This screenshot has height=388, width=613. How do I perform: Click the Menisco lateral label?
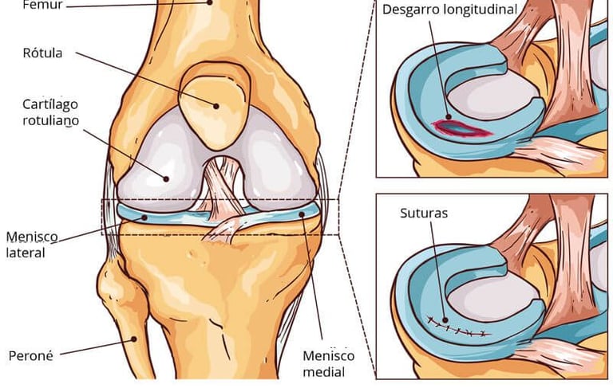(x=26, y=245)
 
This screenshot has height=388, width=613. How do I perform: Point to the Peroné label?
(x=30, y=355)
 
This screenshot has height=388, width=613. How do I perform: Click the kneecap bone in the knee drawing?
(x=212, y=108)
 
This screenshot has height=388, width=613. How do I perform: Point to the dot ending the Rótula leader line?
(x=216, y=104)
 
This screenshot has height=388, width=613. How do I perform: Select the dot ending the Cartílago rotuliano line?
(x=167, y=177)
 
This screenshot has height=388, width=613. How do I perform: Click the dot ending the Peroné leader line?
(x=135, y=338)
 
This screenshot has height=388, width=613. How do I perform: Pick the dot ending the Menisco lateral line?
(x=144, y=216)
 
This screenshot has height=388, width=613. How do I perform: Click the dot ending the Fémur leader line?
(x=211, y=2)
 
